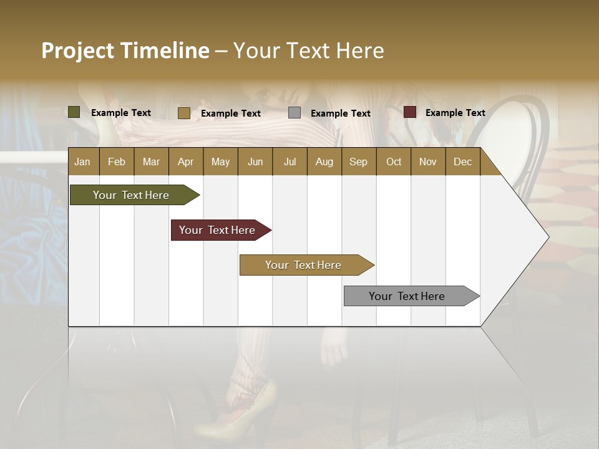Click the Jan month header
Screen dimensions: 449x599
pos(82,162)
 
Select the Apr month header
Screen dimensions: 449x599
pos(185,162)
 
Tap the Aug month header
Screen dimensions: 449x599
pos(324,162)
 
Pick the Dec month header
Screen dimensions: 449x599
pos(462,162)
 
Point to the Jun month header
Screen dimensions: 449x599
pos(255,162)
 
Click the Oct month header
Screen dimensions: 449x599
pos(393,162)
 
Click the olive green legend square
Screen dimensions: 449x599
pos(74,112)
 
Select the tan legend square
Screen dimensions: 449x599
pos(183,113)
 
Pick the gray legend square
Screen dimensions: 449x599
pos(294,113)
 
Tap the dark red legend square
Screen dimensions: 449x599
pos(409,112)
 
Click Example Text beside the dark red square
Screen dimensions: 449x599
pos(455,113)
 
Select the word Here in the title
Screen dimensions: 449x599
pos(360,51)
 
